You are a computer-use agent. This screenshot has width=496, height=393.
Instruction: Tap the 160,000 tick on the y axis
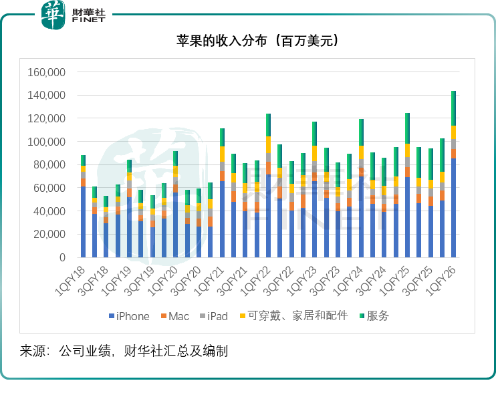click(x=46, y=72)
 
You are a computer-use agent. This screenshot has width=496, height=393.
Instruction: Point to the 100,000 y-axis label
click(x=46, y=142)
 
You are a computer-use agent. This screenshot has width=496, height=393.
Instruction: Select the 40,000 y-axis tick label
click(x=49, y=211)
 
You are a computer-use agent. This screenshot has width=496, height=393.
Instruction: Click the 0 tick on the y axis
click(x=62, y=257)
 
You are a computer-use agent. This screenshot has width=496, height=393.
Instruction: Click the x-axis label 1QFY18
click(x=70, y=279)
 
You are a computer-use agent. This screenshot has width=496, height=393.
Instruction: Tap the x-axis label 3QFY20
click(x=186, y=279)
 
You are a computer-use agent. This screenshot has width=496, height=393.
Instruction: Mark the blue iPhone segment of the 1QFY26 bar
click(x=453, y=207)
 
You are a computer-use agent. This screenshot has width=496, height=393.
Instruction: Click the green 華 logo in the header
click(x=54, y=15)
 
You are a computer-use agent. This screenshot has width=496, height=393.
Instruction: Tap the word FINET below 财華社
click(x=88, y=20)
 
